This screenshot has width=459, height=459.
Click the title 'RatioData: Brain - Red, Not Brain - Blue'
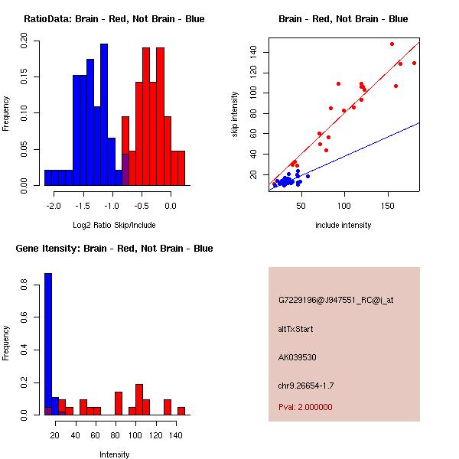pos(114,19)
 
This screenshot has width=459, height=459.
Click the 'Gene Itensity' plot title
pos(114,249)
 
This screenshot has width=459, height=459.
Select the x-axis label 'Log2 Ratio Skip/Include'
pos(114,225)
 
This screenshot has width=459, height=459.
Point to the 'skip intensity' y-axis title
pos(235,115)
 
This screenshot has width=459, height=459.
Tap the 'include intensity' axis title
pos(343,225)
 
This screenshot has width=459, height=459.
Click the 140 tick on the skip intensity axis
pos(252,52)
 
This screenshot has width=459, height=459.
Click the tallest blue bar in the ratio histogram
pos(104,115)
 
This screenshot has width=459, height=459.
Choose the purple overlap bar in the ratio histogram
pos(125,169)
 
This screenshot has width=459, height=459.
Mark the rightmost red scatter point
pos(414,63)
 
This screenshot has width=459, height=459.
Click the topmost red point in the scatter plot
pos(392,44)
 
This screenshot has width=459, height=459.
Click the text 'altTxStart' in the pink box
pos(296,329)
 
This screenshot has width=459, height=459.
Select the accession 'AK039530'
pos(298,356)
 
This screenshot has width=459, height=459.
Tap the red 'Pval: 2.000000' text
pos(305,407)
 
